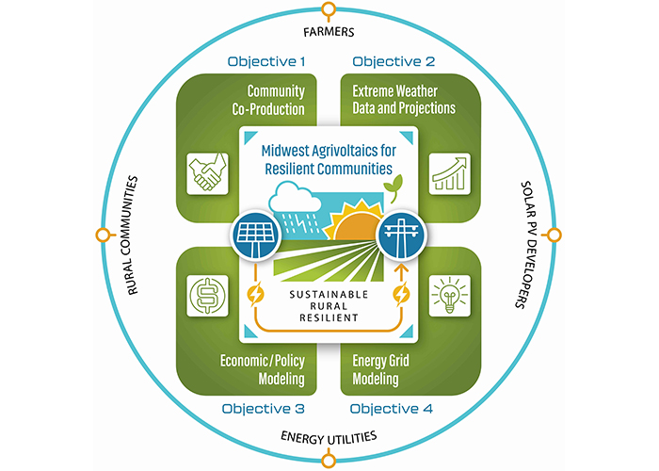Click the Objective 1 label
tap(267, 62)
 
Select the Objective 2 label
tap(394, 62)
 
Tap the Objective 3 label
tap(264, 409)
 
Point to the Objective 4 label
tap(394, 409)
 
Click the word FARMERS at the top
tap(329, 32)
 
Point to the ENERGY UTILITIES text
tap(329, 437)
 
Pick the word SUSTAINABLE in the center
tap(329, 292)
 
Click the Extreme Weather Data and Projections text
tap(404, 100)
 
